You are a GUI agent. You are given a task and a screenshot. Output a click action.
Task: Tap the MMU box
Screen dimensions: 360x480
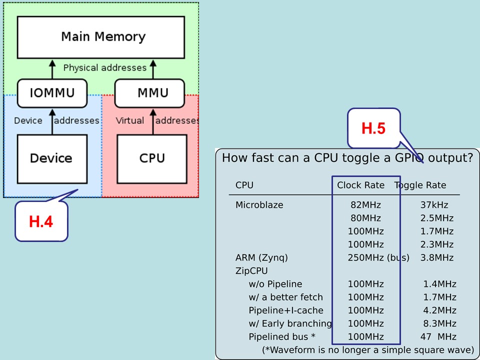point(152,93)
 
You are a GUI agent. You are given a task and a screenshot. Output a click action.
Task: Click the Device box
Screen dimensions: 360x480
point(51,158)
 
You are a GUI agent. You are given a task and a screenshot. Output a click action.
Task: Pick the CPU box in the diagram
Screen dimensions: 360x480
point(151,158)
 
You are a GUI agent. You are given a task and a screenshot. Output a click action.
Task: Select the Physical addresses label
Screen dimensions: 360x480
point(105,67)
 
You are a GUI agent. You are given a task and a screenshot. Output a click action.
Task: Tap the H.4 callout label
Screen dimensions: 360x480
point(41,221)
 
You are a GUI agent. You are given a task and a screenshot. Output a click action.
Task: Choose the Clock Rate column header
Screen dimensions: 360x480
point(360,185)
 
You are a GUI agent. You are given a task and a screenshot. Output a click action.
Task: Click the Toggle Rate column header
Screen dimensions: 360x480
point(420,185)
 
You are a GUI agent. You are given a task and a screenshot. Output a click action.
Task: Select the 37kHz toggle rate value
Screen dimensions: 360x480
point(434,205)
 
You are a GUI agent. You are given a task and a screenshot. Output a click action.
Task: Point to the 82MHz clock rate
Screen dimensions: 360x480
point(365,205)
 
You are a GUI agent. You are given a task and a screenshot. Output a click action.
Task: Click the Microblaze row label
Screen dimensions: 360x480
point(259,205)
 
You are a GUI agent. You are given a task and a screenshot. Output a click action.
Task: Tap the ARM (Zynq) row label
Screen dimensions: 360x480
point(261,258)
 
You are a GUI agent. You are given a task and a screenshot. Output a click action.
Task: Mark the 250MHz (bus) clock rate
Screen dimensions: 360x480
point(378,258)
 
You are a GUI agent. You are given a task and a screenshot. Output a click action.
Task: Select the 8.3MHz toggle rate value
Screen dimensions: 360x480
point(439,323)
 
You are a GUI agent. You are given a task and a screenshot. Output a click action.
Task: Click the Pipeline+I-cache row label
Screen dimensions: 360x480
point(285,310)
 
